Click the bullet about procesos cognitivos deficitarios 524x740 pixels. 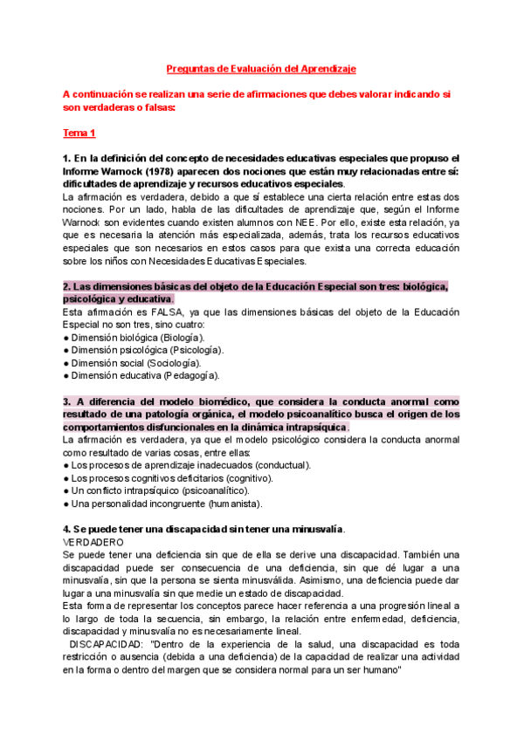(170, 478)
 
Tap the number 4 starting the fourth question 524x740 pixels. (66, 529)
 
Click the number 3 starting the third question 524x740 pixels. (66, 401)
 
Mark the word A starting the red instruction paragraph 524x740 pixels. (66, 94)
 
